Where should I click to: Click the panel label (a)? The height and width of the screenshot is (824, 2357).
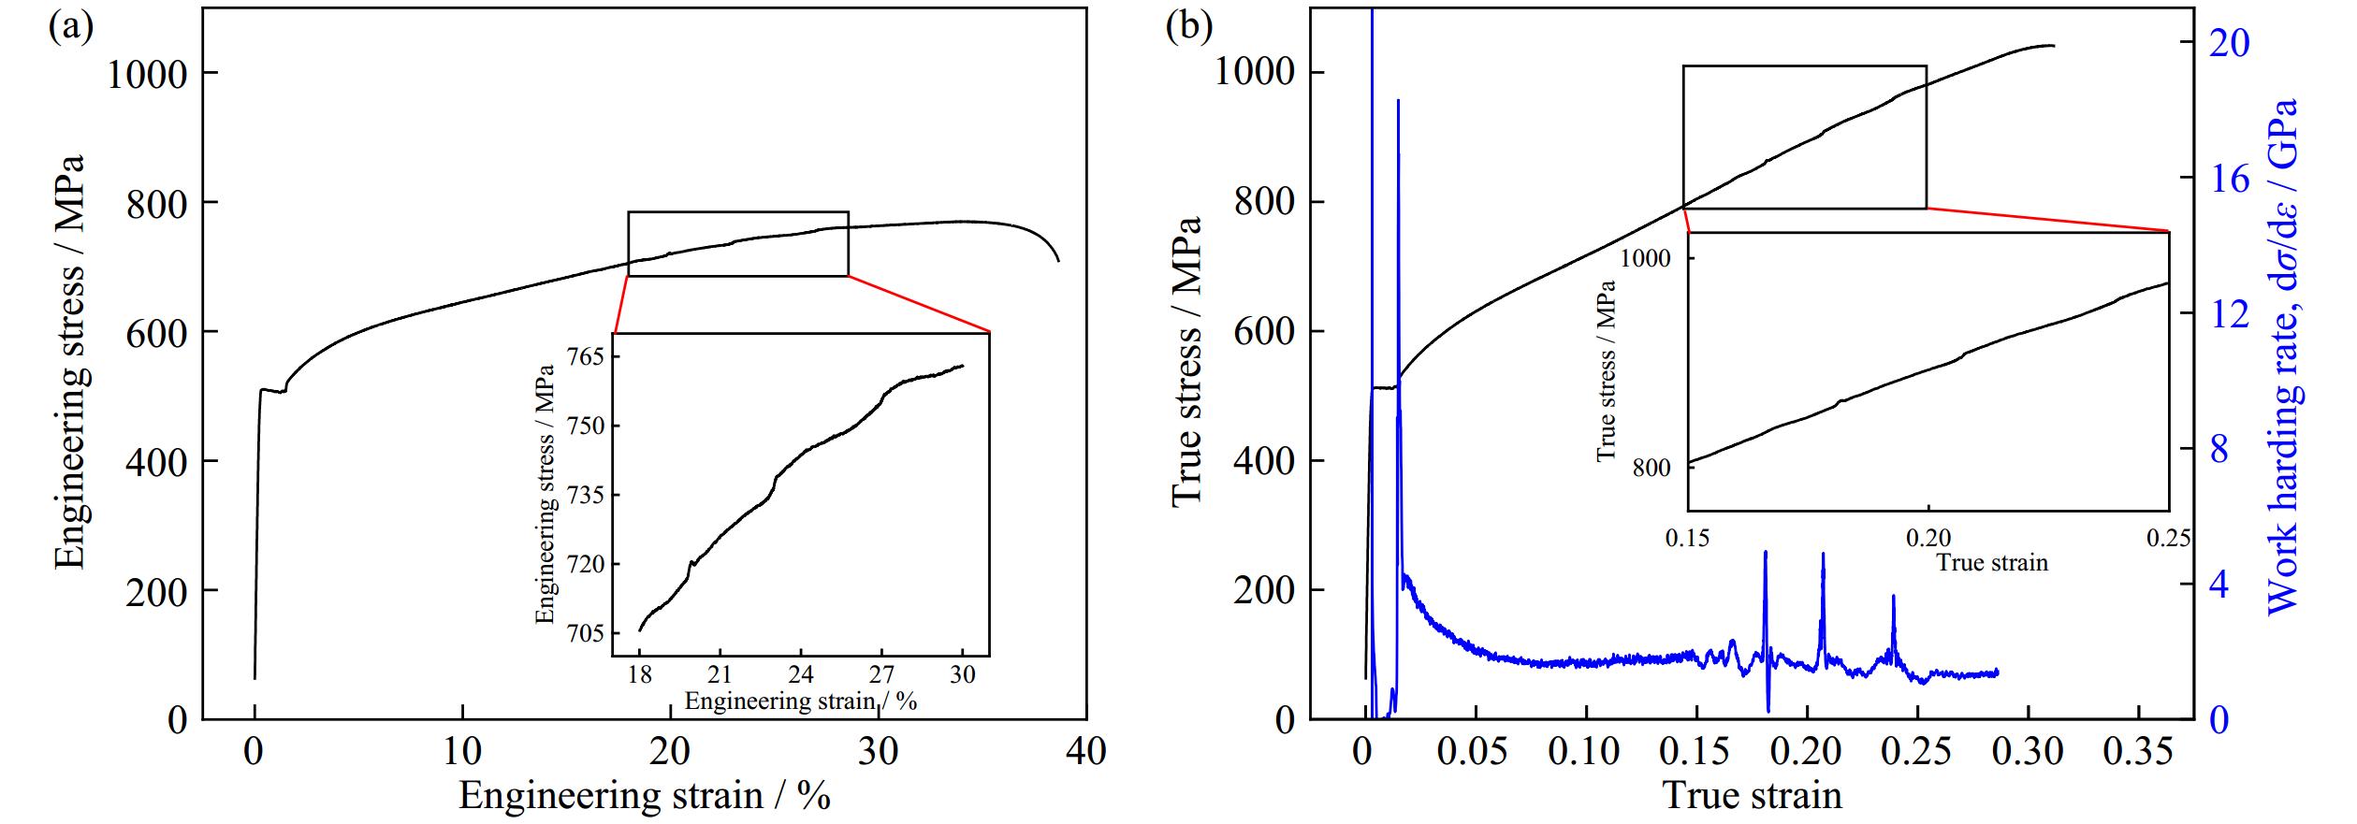click(x=71, y=27)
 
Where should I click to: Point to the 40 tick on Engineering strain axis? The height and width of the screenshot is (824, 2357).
click(x=1085, y=752)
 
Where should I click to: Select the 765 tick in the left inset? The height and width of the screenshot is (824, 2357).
click(x=586, y=357)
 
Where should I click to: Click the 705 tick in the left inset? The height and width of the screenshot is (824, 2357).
click(x=586, y=634)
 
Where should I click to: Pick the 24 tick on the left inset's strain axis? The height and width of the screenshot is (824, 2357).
click(x=801, y=675)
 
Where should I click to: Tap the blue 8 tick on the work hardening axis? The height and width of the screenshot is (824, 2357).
click(x=2219, y=450)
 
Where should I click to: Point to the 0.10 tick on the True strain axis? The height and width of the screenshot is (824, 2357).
click(x=1585, y=752)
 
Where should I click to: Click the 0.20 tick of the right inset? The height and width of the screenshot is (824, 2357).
click(x=1928, y=538)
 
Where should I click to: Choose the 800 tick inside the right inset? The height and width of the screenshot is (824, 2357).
click(x=1651, y=468)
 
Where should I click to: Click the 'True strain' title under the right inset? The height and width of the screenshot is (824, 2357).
click(x=1991, y=563)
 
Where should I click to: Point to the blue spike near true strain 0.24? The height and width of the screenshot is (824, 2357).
click(x=1893, y=597)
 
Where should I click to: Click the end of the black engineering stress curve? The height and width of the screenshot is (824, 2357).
click(x=1059, y=261)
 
